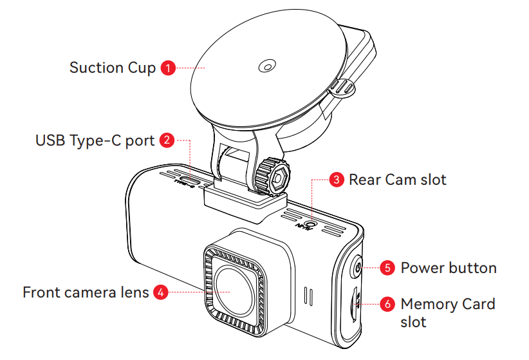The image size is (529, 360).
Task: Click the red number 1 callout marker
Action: click(x=167, y=68)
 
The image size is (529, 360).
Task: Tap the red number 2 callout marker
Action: click(x=167, y=139)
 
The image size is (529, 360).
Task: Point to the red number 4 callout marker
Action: click(x=161, y=292)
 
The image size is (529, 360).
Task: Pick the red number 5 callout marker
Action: click(x=387, y=267)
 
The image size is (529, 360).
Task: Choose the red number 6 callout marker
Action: click(x=387, y=303)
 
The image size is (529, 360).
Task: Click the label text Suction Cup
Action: click(x=113, y=68)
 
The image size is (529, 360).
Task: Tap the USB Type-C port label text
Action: click(x=95, y=140)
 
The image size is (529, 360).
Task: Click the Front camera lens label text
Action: click(x=86, y=292)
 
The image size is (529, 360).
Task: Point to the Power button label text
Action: click(x=449, y=267)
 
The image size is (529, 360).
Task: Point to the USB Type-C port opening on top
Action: click(x=190, y=178)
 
